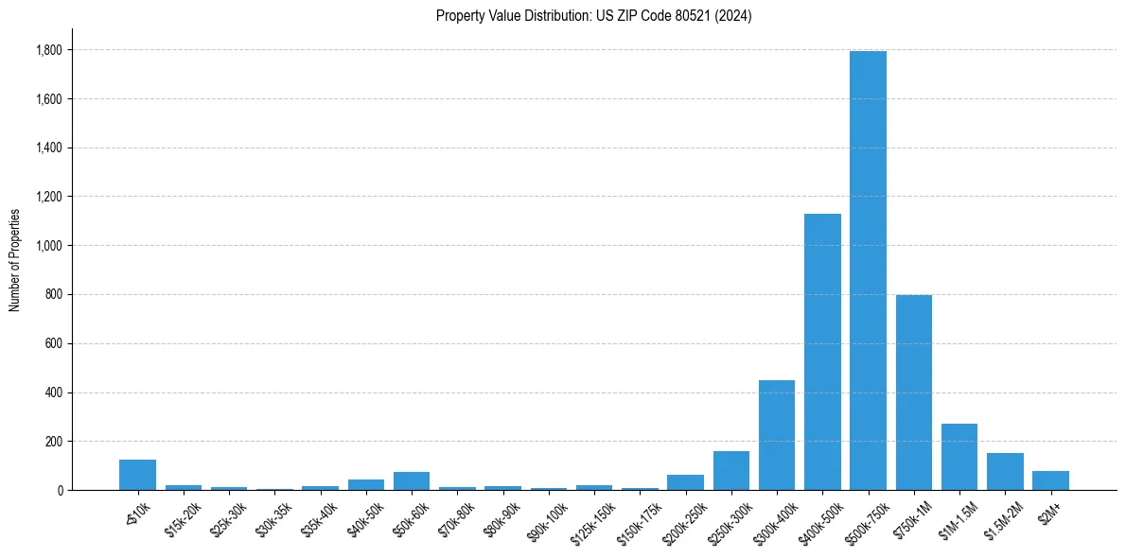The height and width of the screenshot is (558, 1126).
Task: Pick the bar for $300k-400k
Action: click(x=777, y=435)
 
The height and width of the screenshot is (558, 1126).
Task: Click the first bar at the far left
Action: click(x=138, y=475)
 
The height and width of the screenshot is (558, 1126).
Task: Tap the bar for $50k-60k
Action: click(x=412, y=480)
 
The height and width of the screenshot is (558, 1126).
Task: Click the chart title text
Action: click(x=593, y=15)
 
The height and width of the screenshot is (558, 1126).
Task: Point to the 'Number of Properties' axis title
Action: click(x=14, y=260)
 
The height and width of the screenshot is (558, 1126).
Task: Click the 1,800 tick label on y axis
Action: click(x=49, y=50)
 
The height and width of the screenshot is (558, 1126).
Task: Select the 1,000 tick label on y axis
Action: click(x=49, y=246)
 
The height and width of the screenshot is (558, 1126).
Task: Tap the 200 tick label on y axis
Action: click(x=54, y=442)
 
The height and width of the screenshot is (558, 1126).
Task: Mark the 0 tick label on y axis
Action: click(x=60, y=491)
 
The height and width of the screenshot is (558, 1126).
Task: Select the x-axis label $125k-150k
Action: click(x=594, y=520)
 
